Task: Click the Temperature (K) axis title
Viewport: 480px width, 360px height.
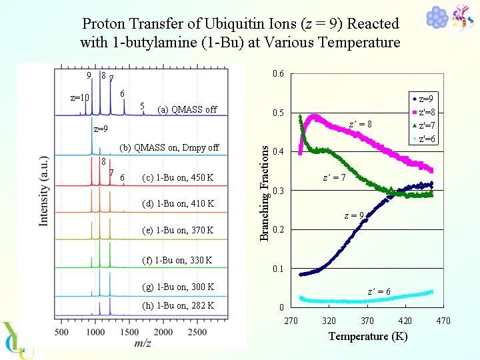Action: point(367,336)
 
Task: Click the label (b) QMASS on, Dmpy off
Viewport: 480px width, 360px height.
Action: point(169,147)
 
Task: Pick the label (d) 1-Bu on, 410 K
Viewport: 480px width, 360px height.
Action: point(178,203)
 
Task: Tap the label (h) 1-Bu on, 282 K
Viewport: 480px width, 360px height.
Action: point(178,305)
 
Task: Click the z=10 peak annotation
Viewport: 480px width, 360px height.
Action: point(79,97)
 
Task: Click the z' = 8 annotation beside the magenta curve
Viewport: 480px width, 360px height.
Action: point(361,124)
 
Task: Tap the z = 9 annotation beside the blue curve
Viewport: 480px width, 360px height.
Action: point(353,215)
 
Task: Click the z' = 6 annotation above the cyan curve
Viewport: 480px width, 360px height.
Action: point(379,291)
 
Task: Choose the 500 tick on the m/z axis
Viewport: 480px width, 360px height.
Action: point(61,332)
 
